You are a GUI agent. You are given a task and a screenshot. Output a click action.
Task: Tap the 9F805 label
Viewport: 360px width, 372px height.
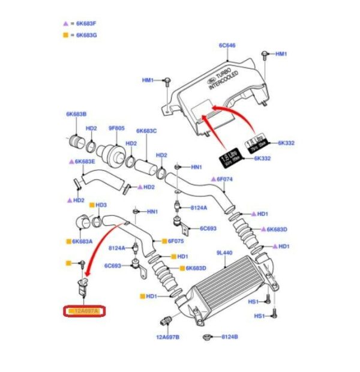coord(116,127)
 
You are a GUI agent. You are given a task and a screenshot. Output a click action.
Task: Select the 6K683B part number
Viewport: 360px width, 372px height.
coord(76,114)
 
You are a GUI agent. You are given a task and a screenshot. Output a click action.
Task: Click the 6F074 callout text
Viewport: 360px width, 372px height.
coord(224,179)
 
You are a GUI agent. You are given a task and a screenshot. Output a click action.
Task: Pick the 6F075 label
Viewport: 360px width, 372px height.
coord(175,241)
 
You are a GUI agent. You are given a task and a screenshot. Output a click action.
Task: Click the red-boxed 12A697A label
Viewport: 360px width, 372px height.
coord(84,311)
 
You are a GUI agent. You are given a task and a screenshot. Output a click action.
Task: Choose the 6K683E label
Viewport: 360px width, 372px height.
coord(85,162)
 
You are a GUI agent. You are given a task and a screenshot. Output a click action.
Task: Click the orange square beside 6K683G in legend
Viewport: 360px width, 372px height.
coord(65,35)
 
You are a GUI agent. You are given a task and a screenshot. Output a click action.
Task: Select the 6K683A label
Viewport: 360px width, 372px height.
coord(82,242)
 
